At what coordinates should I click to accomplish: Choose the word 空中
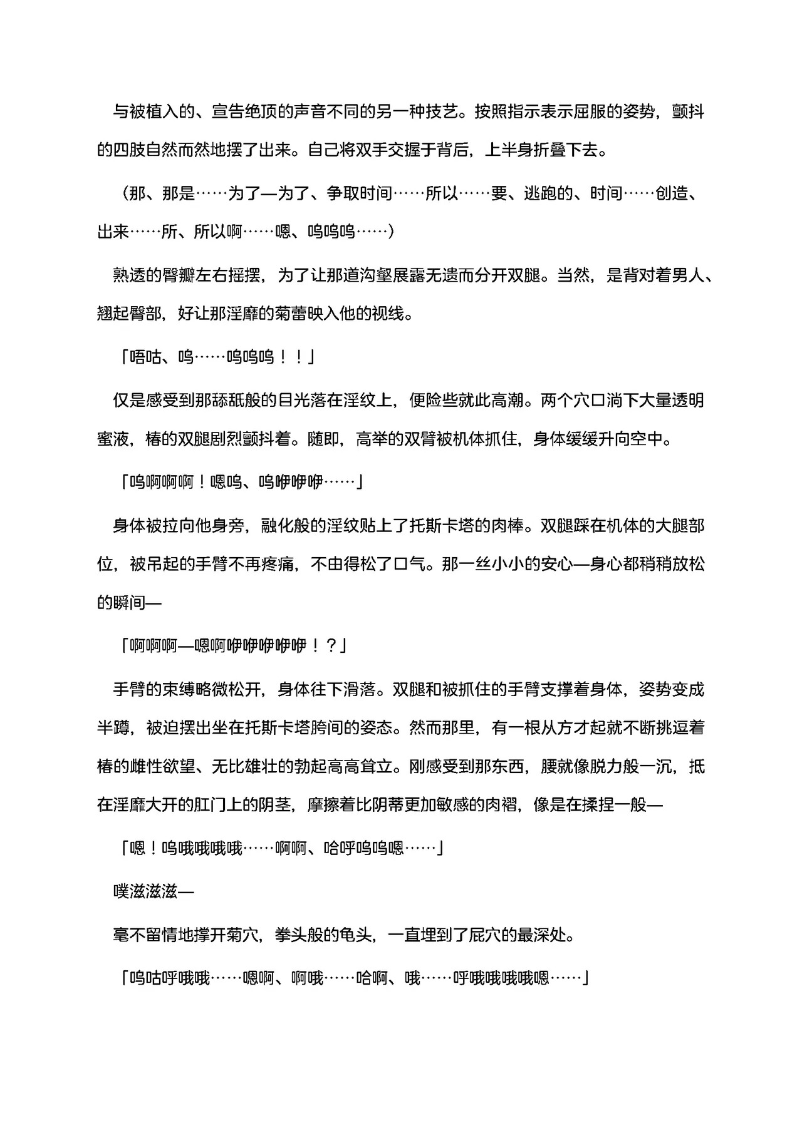tap(647, 439)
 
